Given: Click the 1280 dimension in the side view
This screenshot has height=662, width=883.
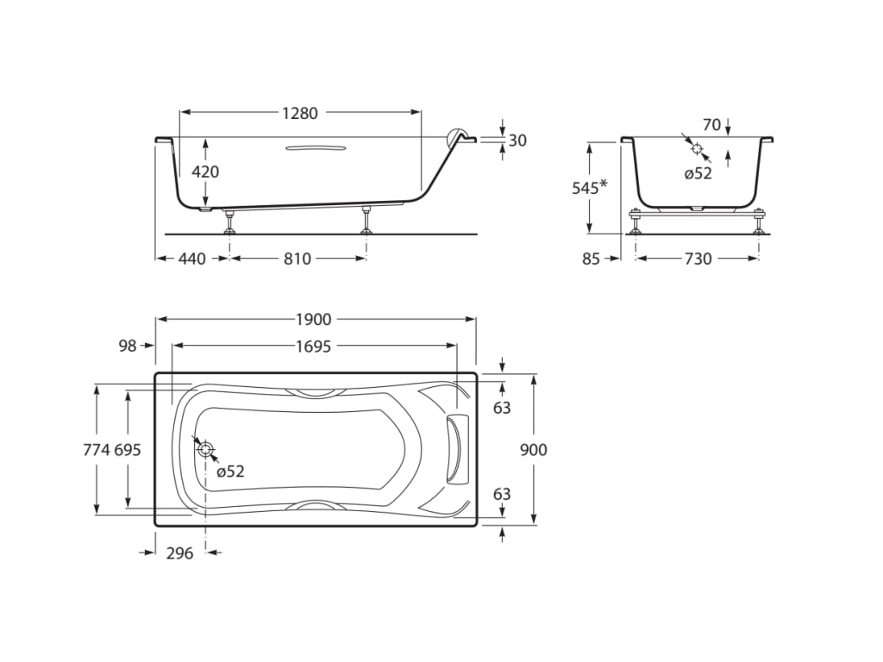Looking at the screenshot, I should [300, 113].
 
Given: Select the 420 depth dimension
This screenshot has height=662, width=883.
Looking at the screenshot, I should [205, 172].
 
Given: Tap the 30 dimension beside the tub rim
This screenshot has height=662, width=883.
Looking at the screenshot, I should [517, 141].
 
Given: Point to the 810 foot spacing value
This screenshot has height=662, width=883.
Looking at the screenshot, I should [297, 259].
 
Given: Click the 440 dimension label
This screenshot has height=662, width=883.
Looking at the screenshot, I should [191, 259].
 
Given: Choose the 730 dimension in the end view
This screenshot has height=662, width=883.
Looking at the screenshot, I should [698, 259].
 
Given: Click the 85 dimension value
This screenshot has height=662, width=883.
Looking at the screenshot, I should [591, 259].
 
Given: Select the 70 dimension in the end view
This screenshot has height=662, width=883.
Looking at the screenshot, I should [711, 125].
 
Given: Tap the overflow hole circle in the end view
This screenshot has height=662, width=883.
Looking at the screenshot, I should [697, 148].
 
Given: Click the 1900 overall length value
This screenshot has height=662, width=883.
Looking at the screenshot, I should [314, 320].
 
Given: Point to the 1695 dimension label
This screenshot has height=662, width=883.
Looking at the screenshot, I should [314, 346].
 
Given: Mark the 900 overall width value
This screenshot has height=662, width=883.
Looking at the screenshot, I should [534, 449].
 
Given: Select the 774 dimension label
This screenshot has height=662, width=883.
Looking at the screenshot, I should [97, 449].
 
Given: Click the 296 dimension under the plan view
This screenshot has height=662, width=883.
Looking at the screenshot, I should [179, 553].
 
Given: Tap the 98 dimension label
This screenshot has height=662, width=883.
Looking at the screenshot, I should [128, 346].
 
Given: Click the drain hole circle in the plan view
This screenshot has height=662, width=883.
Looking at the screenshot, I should [205, 448].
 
